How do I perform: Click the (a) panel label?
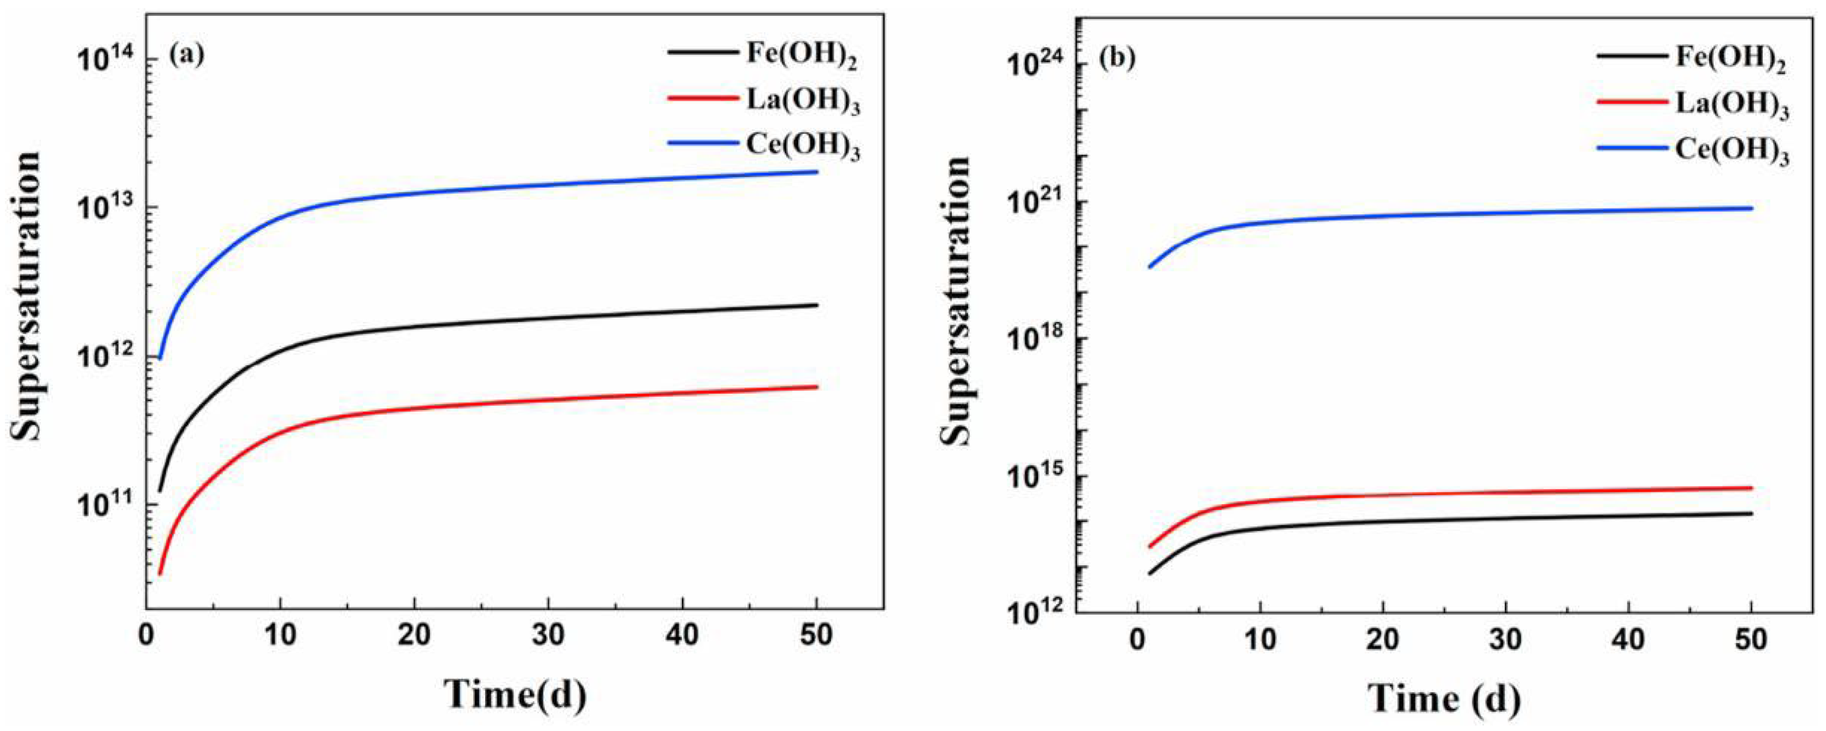[x=186, y=56]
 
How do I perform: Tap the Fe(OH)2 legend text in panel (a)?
[x=802, y=57]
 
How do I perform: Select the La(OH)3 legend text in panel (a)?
[x=803, y=103]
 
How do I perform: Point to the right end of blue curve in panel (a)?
[x=817, y=172]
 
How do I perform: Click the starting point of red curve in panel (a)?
[x=160, y=574]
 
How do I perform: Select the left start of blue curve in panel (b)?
[x=1150, y=267]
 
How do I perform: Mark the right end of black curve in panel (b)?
[x=1751, y=513]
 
